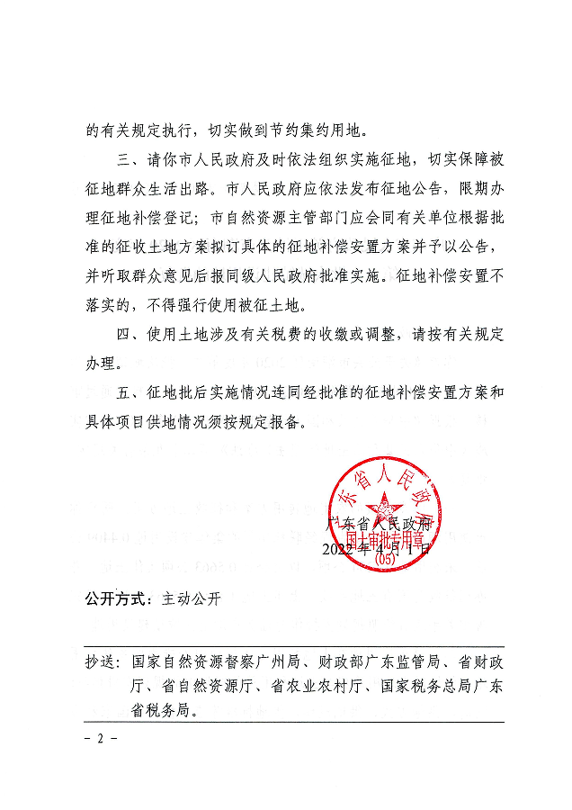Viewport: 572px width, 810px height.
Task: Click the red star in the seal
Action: pos(380,507)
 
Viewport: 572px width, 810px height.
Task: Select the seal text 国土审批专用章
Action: pos(385,543)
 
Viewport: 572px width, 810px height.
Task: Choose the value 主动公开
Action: pos(191,598)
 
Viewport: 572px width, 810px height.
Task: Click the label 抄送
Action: pos(102,662)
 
